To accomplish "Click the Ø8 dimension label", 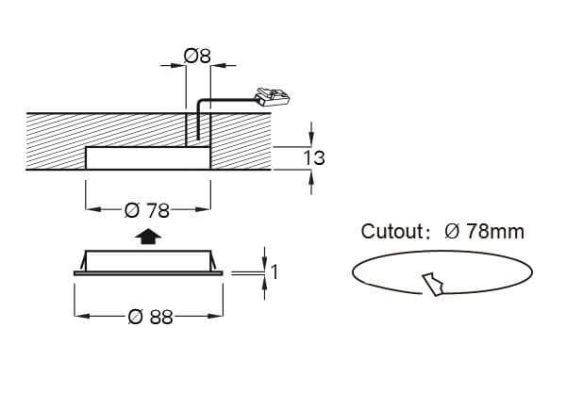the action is pyautogui.click(x=197, y=56).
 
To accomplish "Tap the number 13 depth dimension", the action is pyautogui.click(x=314, y=158).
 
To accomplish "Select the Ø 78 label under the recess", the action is pyautogui.click(x=147, y=210).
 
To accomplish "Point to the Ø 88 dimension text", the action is pyautogui.click(x=151, y=317).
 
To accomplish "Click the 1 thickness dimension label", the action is pyautogui.click(x=275, y=272).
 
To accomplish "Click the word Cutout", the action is pyautogui.click(x=391, y=231).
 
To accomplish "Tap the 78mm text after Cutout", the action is pyautogui.click(x=495, y=231).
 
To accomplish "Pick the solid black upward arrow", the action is pyautogui.click(x=148, y=237).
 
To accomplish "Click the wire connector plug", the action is pyautogui.click(x=272, y=97).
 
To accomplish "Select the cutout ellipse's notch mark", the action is pyautogui.click(x=434, y=285).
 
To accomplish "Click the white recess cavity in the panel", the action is pyautogui.click(x=148, y=158).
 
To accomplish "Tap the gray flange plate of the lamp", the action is pyautogui.click(x=148, y=273).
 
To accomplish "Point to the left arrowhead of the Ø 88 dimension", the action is pyautogui.click(x=82, y=316).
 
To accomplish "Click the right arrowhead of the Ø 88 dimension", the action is pyautogui.click(x=215, y=316).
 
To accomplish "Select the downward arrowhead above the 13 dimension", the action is pyautogui.click(x=311, y=140).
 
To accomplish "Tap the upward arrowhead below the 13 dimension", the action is pyautogui.click(x=311, y=177).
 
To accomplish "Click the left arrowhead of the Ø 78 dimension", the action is pyautogui.click(x=93, y=209).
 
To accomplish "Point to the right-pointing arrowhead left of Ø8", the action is pyautogui.click(x=178, y=66).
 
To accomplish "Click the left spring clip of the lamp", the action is pyautogui.click(x=83, y=262).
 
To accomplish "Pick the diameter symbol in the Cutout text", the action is pyautogui.click(x=452, y=231).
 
